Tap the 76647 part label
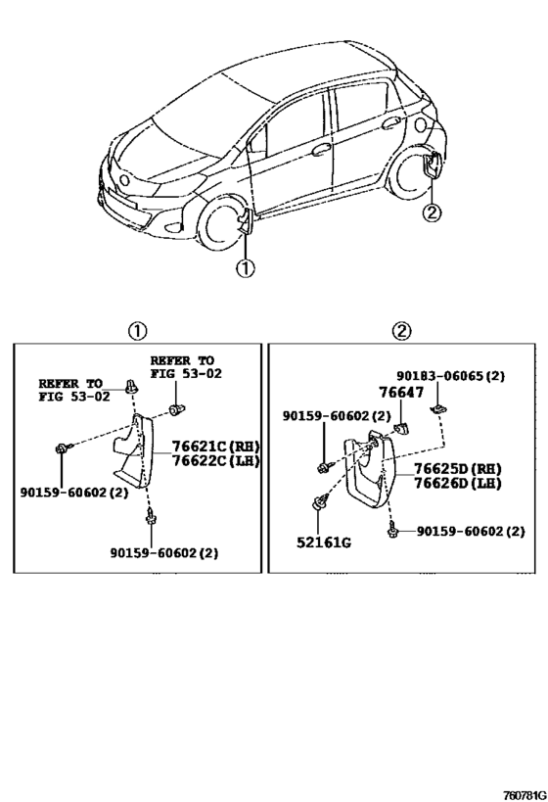(x=401, y=393)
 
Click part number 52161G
(x=324, y=543)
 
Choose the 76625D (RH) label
(x=457, y=468)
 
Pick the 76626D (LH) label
(x=457, y=483)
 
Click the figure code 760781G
(x=525, y=795)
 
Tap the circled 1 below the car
(x=245, y=267)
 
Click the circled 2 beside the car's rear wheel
(x=432, y=212)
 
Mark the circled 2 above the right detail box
(x=401, y=331)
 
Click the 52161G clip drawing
(x=318, y=502)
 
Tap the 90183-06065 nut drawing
(x=437, y=408)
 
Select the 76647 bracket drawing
(x=401, y=428)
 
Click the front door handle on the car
(x=321, y=150)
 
